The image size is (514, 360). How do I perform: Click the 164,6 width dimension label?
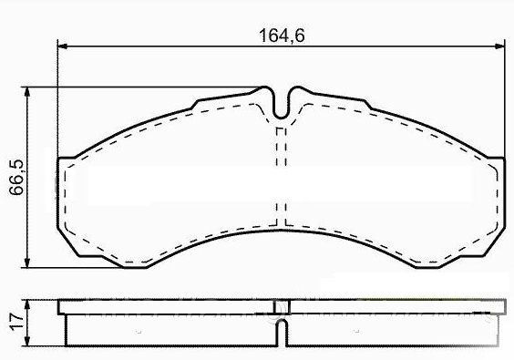pyautogui.click(x=282, y=36)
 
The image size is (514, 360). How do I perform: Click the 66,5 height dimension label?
pyautogui.click(x=16, y=177)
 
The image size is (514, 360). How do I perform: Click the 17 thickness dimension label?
pyautogui.click(x=16, y=322)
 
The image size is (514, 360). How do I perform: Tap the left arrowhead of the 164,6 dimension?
pyautogui.click(x=62, y=46)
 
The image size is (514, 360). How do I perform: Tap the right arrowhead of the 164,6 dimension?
pyautogui.click(x=500, y=46)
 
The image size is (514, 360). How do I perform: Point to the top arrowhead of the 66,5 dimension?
pyautogui.click(x=27, y=92)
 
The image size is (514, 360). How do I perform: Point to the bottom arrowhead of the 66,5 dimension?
pyautogui.click(x=27, y=262)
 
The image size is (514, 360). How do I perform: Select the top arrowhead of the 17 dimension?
pyautogui.click(x=27, y=304)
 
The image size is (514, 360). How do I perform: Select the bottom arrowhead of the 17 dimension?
pyautogui.click(x=27, y=341)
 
